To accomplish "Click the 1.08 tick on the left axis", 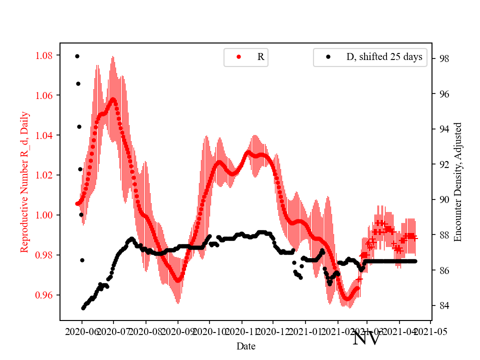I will [44, 55].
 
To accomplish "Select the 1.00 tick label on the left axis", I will [44, 215].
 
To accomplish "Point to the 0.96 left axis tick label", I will [44, 295].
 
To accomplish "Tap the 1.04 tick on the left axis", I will [44, 135].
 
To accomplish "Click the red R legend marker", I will [238, 57].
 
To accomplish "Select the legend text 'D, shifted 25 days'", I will [384, 57].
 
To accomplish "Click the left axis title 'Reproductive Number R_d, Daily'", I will [24, 181].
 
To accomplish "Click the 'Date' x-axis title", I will [246, 345].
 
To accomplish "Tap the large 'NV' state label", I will [367, 338].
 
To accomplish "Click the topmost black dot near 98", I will [77, 56].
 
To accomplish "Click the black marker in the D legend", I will [328, 57].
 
